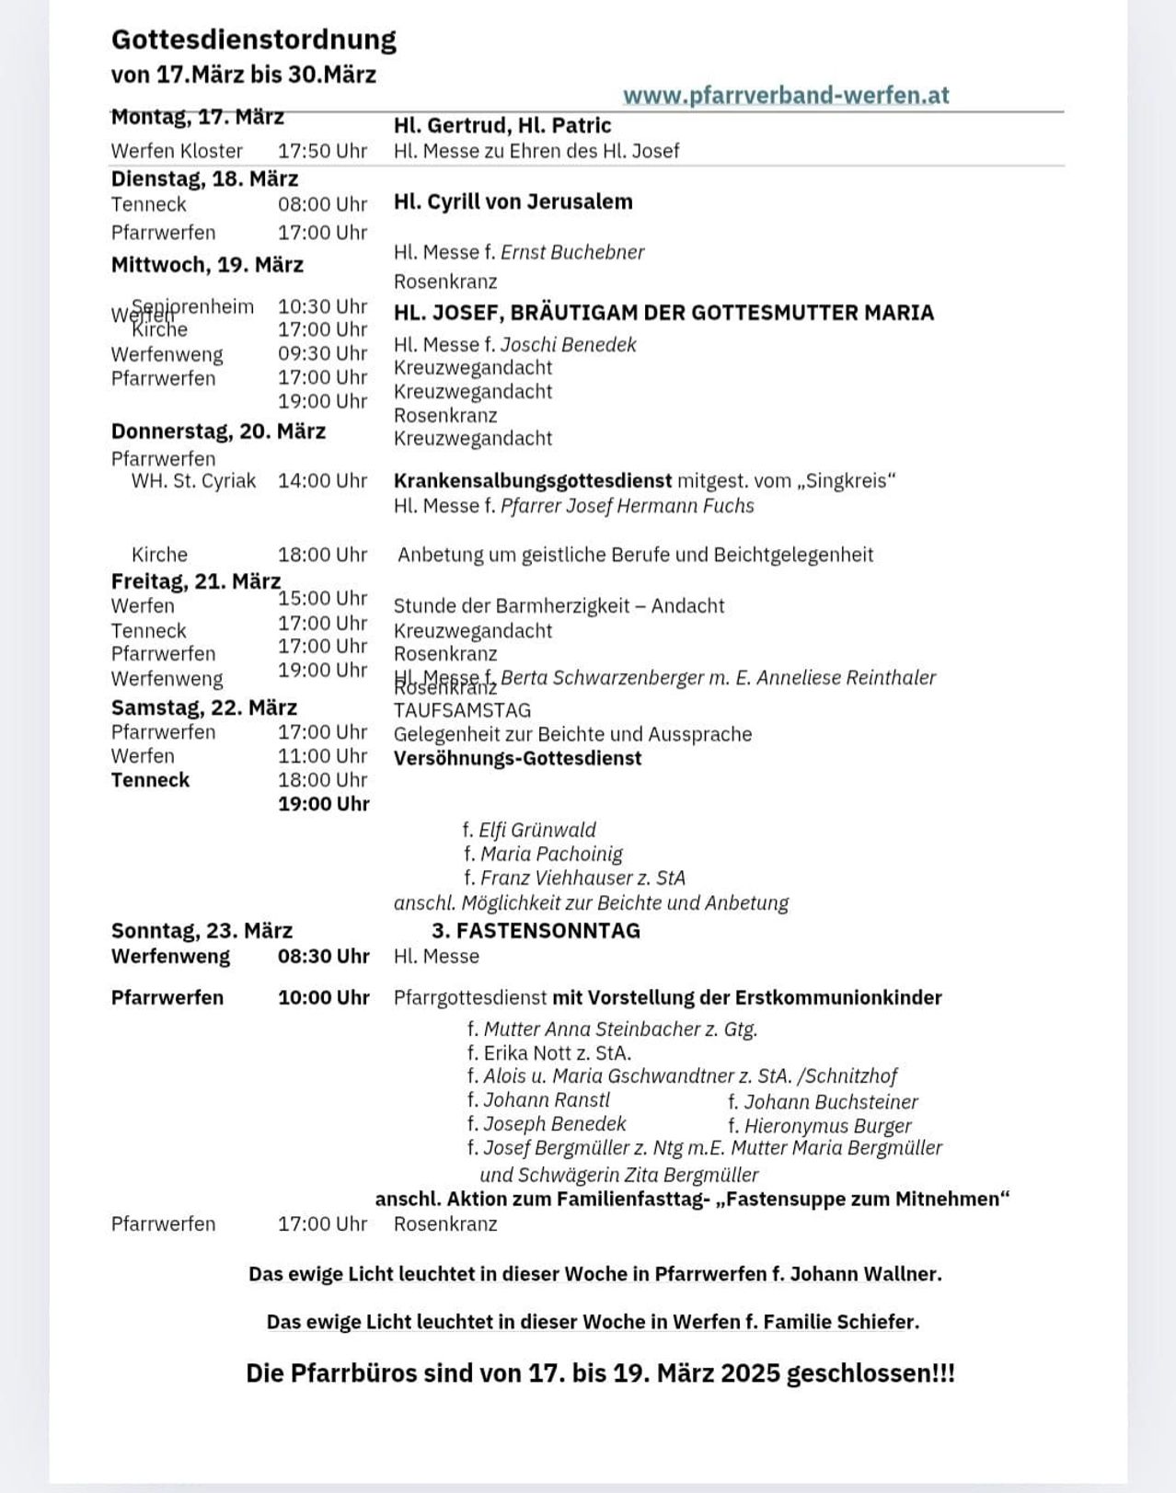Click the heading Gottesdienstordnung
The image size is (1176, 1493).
(253, 40)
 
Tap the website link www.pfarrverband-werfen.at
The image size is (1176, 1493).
(786, 96)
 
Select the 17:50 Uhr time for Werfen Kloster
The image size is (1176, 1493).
(322, 151)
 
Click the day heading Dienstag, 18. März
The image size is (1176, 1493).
(204, 178)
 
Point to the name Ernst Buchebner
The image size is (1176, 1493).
(572, 252)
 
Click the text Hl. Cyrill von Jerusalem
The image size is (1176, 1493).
(513, 201)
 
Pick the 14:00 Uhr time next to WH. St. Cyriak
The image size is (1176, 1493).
(322, 481)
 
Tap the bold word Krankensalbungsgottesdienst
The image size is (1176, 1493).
(532, 480)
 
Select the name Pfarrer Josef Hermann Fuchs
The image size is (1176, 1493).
(627, 506)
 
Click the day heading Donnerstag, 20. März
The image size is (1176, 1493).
(218, 431)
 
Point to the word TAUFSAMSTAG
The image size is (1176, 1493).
(462, 710)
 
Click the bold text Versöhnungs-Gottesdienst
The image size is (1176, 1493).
(517, 759)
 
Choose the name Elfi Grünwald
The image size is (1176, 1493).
(537, 830)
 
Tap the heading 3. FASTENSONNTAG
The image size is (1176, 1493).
(536, 931)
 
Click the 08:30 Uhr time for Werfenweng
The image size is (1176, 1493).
(323, 957)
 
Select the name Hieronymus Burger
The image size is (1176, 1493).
(827, 1126)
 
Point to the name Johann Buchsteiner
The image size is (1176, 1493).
(831, 1102)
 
